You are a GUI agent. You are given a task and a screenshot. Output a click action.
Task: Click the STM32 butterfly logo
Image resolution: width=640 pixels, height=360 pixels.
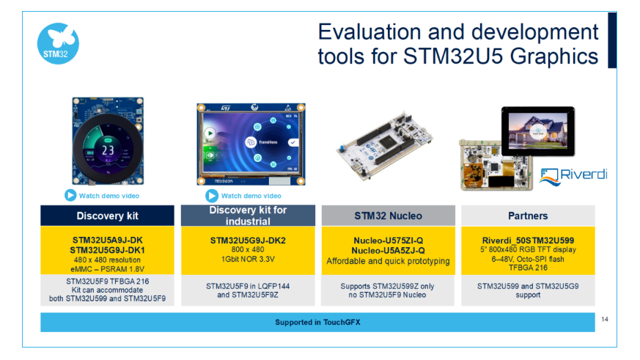[x=58, y=44]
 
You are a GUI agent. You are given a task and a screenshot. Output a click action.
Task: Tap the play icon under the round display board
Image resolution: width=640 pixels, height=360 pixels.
[x=70, y=196]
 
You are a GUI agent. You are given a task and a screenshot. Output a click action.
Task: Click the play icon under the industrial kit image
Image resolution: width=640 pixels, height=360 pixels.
[x=211, y=196]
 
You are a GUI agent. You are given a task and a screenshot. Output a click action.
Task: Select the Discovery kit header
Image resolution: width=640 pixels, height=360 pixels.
[x=107, y=216]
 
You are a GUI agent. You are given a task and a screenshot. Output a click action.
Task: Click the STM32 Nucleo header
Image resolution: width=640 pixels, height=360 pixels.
[x=388, y=216]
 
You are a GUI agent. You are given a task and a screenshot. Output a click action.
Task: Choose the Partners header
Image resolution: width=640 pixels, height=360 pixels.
[x=528, y=216]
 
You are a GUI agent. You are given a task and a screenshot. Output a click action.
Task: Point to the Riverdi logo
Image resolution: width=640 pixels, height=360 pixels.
[x=573, y=177]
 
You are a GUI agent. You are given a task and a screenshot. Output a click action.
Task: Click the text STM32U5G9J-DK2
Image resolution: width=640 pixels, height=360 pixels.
[x=248, y=240]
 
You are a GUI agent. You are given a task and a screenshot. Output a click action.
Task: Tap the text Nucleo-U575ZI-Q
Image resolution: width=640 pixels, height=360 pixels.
[x=388, y=240]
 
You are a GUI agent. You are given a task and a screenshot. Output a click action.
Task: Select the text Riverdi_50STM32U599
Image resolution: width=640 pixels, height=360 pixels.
[x=528, y=240]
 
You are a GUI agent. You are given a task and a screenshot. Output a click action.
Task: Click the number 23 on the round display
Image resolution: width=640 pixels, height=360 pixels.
[x=108, y=150]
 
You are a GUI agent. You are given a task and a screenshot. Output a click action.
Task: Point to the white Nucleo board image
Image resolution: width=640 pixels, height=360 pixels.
[x=384, y=145]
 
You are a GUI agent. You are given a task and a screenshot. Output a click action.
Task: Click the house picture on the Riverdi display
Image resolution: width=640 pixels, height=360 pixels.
[x=538, y=131]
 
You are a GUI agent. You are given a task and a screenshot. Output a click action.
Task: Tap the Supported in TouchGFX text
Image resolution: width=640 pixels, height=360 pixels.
[x=317, y=322]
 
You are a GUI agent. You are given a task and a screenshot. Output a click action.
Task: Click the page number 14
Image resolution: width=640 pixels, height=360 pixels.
[x=605, y=319]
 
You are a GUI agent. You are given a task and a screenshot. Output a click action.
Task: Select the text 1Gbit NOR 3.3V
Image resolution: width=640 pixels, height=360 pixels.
[x=248, y=259]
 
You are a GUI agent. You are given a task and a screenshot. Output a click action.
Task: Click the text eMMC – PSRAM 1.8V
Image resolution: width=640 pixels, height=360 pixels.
[x=107, y=269]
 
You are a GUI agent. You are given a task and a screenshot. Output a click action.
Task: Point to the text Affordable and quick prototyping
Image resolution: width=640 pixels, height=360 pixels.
[x=388, y=261]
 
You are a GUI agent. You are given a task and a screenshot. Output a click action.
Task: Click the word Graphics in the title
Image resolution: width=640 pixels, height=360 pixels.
[x=554, y=56]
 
